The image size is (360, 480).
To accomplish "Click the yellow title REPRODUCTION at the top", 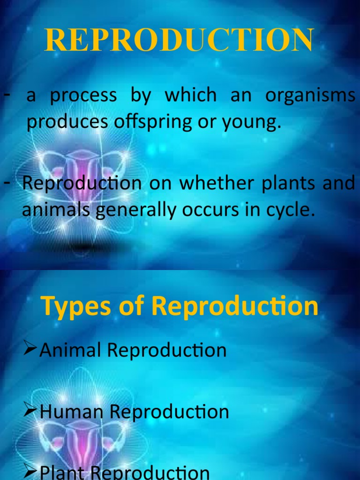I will [x=179, y=41].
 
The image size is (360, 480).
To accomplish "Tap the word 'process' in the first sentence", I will [x=83, y=96].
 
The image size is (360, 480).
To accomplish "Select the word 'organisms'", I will [x=310, y=95].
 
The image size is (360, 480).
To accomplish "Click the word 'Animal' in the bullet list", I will [x=70, y=350].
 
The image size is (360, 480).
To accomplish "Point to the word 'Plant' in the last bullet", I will [x=60, y=472].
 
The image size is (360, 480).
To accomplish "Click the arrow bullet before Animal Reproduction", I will [x=31, y=349].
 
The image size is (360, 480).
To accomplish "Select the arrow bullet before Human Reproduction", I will [x=31, y=411].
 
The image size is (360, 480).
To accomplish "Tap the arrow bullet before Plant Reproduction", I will [x=31, y=472].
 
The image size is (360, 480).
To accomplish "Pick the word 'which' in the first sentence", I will [x=190, y=95].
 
